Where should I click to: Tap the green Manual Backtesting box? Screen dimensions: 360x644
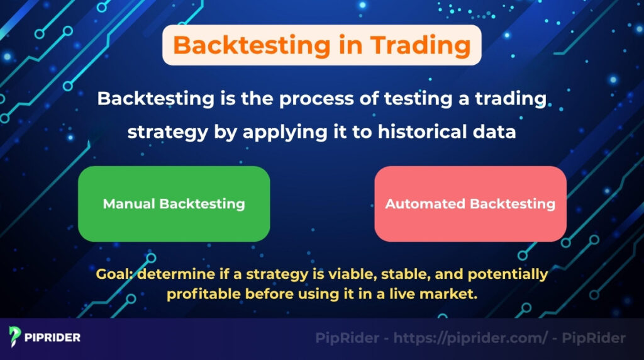174,204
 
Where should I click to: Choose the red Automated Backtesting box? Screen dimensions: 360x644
470,204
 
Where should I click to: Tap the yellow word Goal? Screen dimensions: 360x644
115,275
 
